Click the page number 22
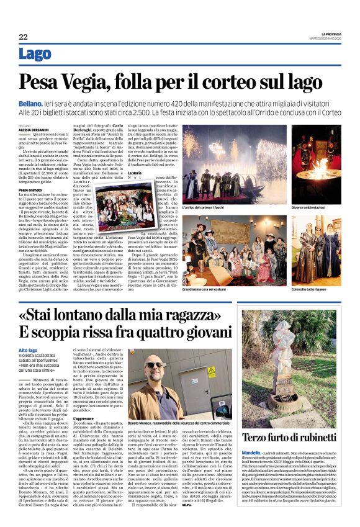tap(23, 37)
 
